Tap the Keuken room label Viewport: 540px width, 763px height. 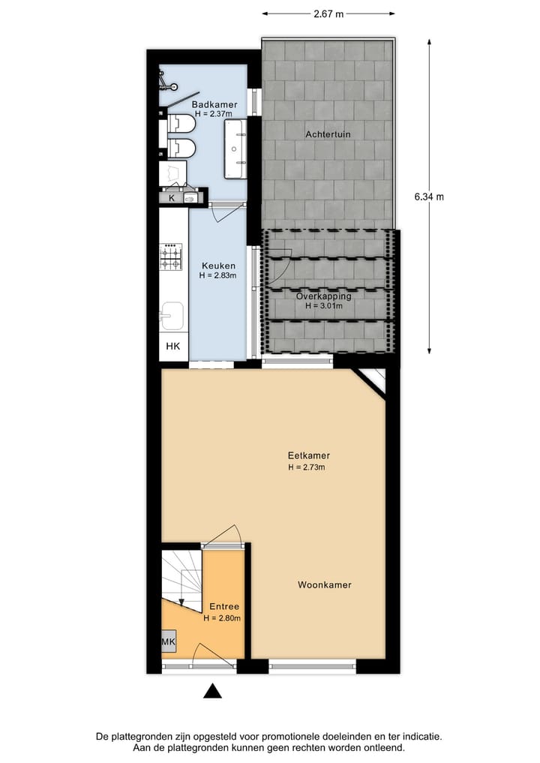pos(218,266)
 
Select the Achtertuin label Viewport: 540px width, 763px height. pos(328,134)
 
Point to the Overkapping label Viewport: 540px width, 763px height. pos(323,296)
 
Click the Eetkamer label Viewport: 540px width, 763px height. pos(309,455)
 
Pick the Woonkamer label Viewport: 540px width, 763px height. pos(324,584)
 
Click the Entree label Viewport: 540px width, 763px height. pos(223,607)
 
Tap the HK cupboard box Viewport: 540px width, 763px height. pos(173,347)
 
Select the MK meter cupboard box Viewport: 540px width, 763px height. pos(168,642)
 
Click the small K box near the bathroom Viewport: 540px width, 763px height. pos(172,198)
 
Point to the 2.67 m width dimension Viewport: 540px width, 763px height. pos(328,14)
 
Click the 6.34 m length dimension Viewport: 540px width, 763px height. pos(429,197)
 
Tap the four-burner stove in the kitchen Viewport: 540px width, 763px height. pos(171,257)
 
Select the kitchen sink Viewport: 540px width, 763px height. pos(171,314)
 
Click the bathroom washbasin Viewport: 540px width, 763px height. pos(235,148)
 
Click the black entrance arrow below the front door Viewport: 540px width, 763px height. pos(213,691)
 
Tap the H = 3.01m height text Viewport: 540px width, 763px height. pos(323,305)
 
